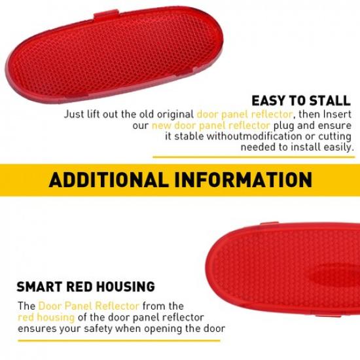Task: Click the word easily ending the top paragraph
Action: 338,147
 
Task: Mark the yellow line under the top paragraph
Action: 255,157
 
